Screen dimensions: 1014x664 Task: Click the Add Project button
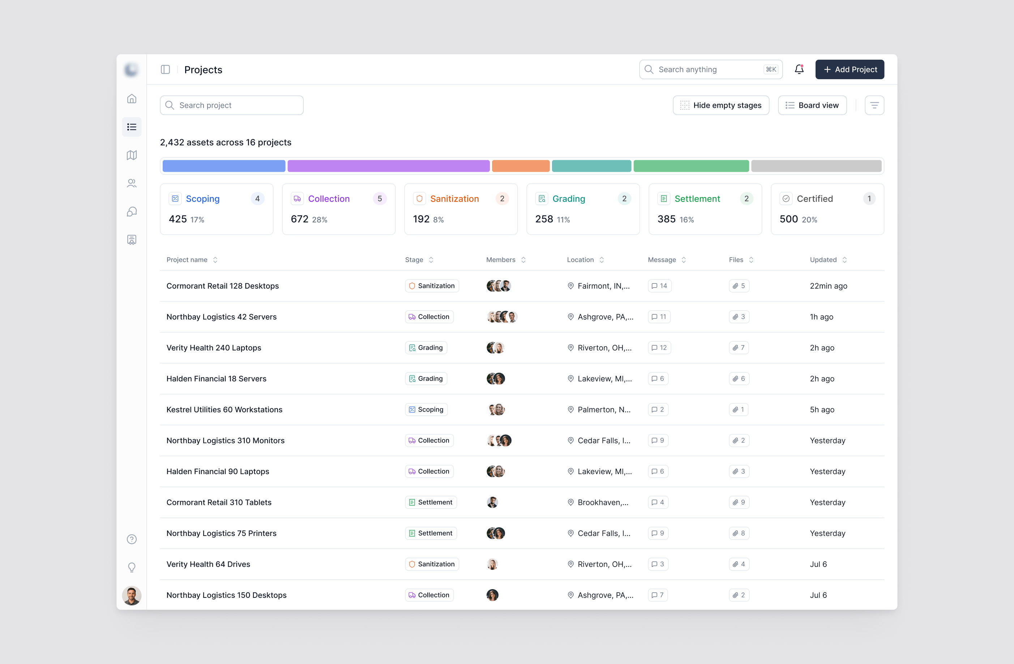[x=850, y=69]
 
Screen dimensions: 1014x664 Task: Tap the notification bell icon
[x=799, y=69]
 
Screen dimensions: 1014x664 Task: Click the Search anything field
[x=711, y=69]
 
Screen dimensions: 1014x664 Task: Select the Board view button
[x=812, y=105]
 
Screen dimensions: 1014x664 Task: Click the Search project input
[x=232, y=105]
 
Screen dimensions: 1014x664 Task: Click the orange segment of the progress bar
[x=521, y=166]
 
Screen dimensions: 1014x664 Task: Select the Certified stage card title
[x=814, y=199]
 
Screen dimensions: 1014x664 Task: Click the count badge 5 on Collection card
[x=380, y=199]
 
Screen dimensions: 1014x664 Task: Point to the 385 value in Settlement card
[x=666, y=219]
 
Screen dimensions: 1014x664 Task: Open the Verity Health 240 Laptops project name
[x=214, y=348]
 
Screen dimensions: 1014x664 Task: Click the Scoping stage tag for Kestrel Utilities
[x=426, y=409]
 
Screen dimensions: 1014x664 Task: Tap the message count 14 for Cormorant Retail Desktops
[x=659, y=286]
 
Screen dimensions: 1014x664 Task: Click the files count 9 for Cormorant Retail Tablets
[x=739, y=502]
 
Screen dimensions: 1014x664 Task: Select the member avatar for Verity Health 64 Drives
[x=492, y=564]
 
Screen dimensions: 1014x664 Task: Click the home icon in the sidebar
[x=132, y=99]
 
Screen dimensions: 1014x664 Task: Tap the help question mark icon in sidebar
[x=132, y=540]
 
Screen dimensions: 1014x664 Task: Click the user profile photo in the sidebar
[x=132, y=596]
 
